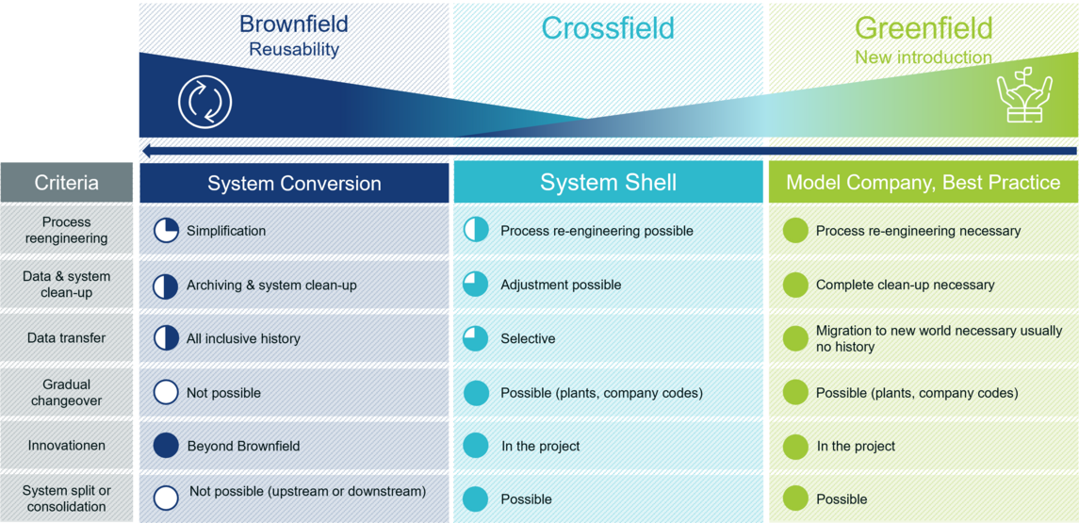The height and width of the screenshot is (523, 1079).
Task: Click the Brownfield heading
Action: [294, 25]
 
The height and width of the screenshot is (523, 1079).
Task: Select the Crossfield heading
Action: [608, 28]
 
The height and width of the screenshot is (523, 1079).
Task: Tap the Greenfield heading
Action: [924, 28]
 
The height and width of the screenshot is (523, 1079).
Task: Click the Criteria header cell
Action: [67, 183]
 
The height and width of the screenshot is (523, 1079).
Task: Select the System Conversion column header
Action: [294, 183]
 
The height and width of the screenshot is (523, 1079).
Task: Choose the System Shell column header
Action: [609, 183]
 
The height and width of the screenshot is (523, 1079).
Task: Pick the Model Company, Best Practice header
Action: [924, 183]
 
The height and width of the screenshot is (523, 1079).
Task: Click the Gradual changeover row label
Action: [67, 393]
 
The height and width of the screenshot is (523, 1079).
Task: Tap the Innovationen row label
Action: [67, 445]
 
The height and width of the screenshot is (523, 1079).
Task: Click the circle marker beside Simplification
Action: [166, 231]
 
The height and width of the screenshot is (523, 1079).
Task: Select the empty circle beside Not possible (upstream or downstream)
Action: [166, 498]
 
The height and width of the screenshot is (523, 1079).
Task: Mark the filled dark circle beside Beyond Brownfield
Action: [166, 445]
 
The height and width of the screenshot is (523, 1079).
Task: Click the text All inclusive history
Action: [243, 338]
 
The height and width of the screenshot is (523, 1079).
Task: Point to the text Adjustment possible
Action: [561, 285]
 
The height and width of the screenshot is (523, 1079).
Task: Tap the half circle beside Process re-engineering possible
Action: [476, 231]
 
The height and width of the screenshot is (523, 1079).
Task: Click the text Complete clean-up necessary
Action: [905, 285]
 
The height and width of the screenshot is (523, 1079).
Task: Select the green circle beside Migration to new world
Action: [795, 338]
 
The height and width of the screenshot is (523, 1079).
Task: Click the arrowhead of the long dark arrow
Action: [146, 151]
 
